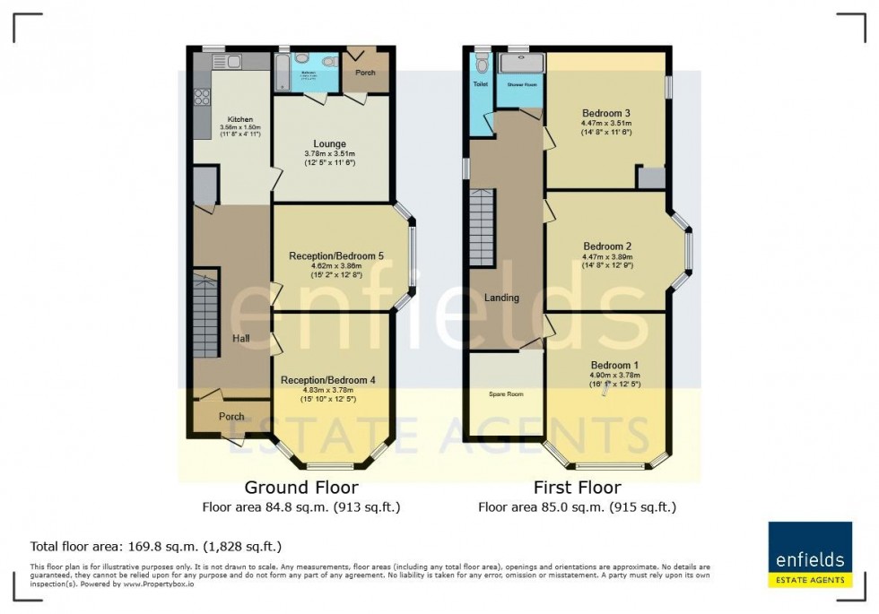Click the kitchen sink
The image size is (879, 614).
coord(230,61)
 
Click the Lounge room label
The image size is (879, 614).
coord(329,143)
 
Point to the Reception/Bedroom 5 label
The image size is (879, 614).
coord(336,256)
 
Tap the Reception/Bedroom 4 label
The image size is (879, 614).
coord(327,380)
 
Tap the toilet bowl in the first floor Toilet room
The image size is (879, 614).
coord(483,64)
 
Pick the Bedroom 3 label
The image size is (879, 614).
coord(606,114)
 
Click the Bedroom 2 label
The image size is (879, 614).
coord(607,246)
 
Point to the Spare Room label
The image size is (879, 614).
coord(506,393)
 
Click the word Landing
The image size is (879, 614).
coord(501,298)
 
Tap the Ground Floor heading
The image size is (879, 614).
coord(301,488)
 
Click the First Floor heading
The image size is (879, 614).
coord(577,488)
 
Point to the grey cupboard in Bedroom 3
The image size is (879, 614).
coord(650,177)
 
